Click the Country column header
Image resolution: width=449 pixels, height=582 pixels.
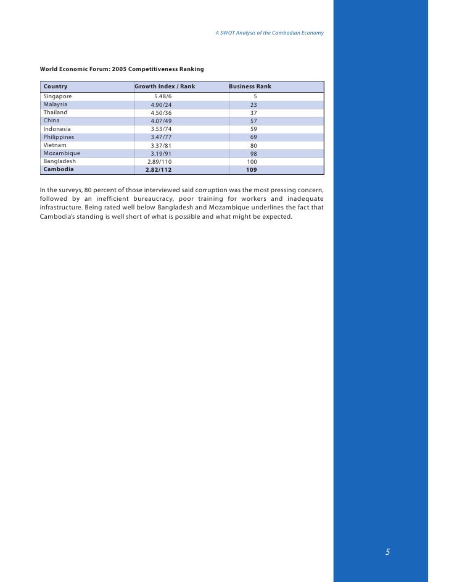56,86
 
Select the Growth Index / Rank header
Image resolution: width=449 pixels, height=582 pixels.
165,86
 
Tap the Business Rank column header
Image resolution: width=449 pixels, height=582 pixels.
250,86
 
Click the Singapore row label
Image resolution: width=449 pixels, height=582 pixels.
57,97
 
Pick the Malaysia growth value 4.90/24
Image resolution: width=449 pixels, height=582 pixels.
161,105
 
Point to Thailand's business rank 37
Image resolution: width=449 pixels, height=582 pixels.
253,113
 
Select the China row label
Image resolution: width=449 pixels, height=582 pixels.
52,120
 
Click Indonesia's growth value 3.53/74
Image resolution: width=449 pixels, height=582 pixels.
161,129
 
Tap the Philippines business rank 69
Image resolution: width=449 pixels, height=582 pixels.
253,137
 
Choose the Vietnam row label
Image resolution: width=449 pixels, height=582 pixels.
55,145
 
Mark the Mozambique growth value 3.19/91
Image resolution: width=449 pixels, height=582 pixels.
161,153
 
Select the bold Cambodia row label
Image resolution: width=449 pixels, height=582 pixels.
59,169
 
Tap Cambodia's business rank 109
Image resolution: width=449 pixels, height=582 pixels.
252,169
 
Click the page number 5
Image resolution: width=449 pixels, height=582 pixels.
388,552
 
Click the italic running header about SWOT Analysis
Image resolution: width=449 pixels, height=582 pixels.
270,32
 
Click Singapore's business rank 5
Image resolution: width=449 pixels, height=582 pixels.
255,97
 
